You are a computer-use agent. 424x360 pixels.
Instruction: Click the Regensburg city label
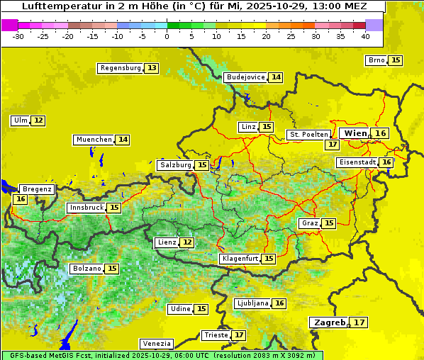(x=121, y=68)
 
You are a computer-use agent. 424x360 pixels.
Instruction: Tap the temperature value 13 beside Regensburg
(x=152, y=68)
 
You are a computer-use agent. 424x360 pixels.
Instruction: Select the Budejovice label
(x=245, y=77)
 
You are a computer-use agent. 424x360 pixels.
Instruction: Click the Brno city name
(x=376, y=60)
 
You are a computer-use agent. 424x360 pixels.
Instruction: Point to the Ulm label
(x=20, y=120)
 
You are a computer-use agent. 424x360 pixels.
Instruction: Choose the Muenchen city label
(x=94, y=140)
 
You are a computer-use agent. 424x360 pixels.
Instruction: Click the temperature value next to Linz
(x=267, y=127)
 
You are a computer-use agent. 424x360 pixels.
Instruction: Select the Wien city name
(x=355, y=133)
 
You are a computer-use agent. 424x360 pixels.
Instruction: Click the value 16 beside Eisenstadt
(x=386, y=162)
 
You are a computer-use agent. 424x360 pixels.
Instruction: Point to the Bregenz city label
(x=37, y=189)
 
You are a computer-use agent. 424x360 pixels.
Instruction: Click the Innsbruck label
(x=86, y=208)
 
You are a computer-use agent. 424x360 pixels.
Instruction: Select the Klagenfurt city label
(x=239, y=259)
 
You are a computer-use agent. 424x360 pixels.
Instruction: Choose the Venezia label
(x=155, y=343)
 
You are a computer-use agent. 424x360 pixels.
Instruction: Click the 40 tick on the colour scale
(x=365, y=36)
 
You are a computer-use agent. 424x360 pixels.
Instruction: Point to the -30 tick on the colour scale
(x=18, y=36)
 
